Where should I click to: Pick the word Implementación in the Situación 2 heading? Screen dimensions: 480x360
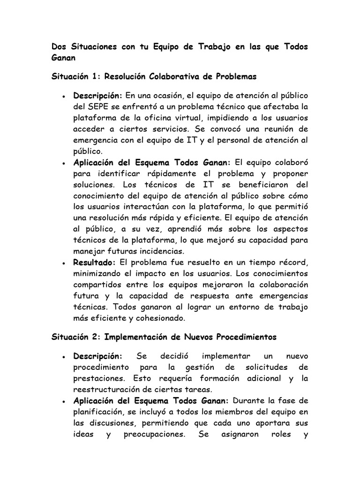137,337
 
